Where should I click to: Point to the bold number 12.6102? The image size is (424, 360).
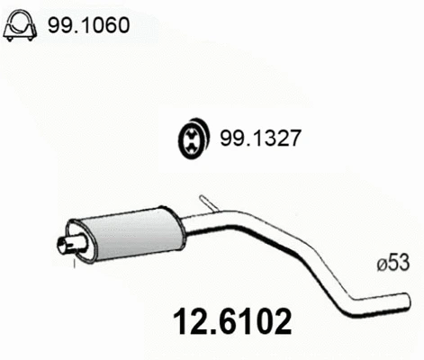pos(230,320)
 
